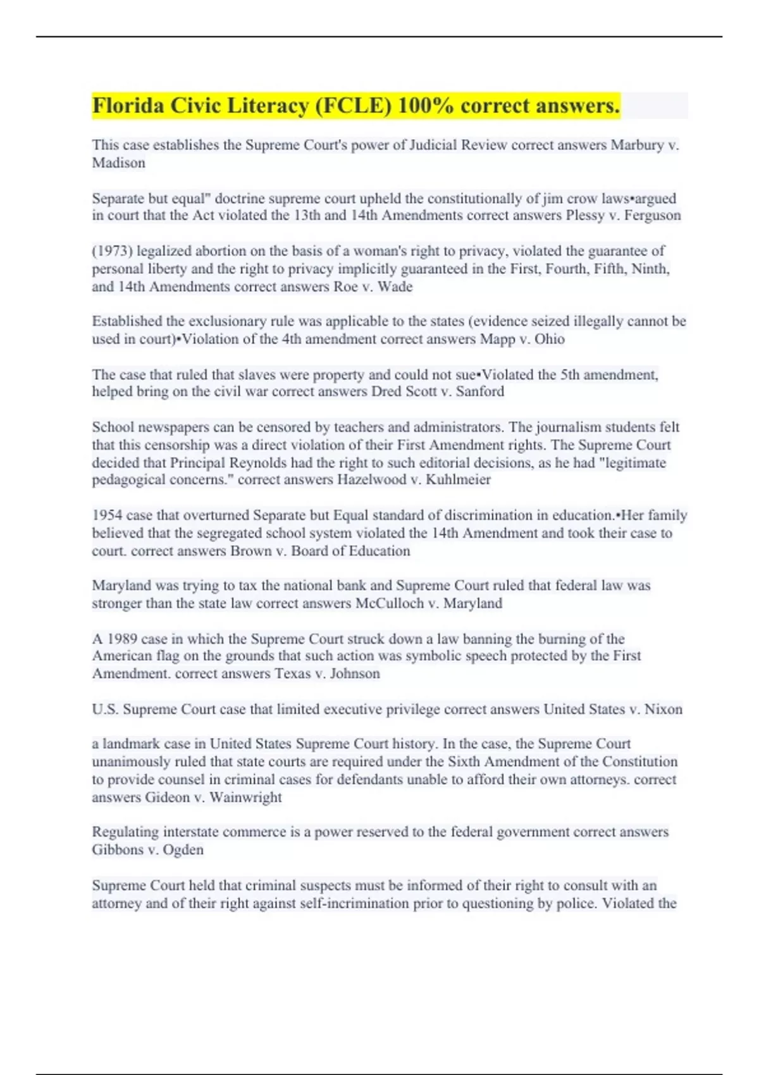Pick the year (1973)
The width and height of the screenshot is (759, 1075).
click(x=112, y=251)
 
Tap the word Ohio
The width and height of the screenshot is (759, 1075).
click(x=550, y=339)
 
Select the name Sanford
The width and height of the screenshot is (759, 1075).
click(x=480, y=391)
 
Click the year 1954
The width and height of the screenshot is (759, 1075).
click(x=107, y=515)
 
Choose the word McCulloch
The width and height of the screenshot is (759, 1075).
click(x=390, y=603)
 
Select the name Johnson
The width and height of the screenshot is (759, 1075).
click(x=355, y=673)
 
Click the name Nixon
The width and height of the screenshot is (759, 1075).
click(x=663, y=709)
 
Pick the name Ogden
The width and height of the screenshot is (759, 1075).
click(x=183, y=850)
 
